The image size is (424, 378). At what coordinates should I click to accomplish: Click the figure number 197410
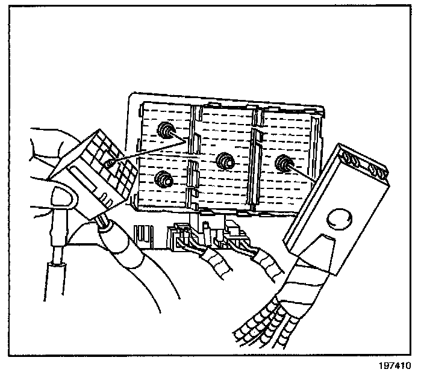click(396, 366)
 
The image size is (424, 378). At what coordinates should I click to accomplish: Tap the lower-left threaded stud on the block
click(161, 179)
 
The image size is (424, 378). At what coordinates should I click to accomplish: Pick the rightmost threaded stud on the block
click(281, 163)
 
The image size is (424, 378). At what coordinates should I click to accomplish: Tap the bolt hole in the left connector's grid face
click(110, 161)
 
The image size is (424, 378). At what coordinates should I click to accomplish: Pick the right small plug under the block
click(238, 236)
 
